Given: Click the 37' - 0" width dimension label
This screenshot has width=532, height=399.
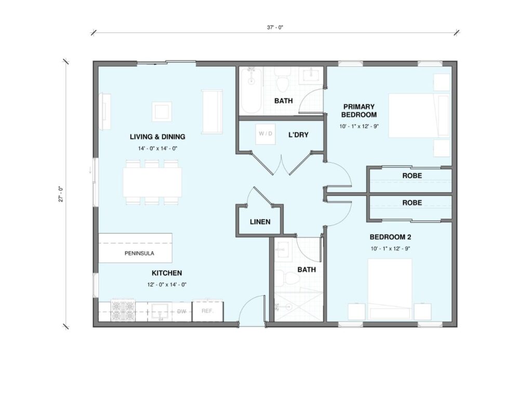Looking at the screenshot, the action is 274,28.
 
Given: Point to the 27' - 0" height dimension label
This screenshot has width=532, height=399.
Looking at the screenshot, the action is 61,194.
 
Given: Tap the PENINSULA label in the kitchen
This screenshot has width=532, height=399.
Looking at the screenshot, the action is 139,253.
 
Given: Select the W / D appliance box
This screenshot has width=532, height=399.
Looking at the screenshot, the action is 265,134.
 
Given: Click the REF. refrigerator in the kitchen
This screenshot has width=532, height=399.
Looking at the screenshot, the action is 208,311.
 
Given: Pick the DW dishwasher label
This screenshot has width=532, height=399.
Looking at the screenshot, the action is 181,312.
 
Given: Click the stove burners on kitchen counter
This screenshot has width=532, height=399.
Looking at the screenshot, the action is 123,311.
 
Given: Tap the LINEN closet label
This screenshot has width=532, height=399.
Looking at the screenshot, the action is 260,222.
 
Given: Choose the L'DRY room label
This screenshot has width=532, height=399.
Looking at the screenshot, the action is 298,135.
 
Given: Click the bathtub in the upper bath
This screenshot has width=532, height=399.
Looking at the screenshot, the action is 251,90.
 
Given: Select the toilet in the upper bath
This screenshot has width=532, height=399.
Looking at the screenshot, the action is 282,81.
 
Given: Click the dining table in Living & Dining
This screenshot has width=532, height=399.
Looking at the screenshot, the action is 152,182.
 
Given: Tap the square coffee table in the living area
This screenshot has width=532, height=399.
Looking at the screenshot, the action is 162,111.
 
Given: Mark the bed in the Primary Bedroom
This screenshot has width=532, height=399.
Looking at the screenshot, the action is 419,116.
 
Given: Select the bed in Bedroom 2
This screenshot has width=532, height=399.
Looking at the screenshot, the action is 390,289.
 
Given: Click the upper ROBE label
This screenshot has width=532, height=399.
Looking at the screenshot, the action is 412,176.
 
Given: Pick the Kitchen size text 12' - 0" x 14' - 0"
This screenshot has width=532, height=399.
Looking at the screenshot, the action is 167,285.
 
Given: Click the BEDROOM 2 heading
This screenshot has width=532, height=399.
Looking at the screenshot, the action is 390,237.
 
